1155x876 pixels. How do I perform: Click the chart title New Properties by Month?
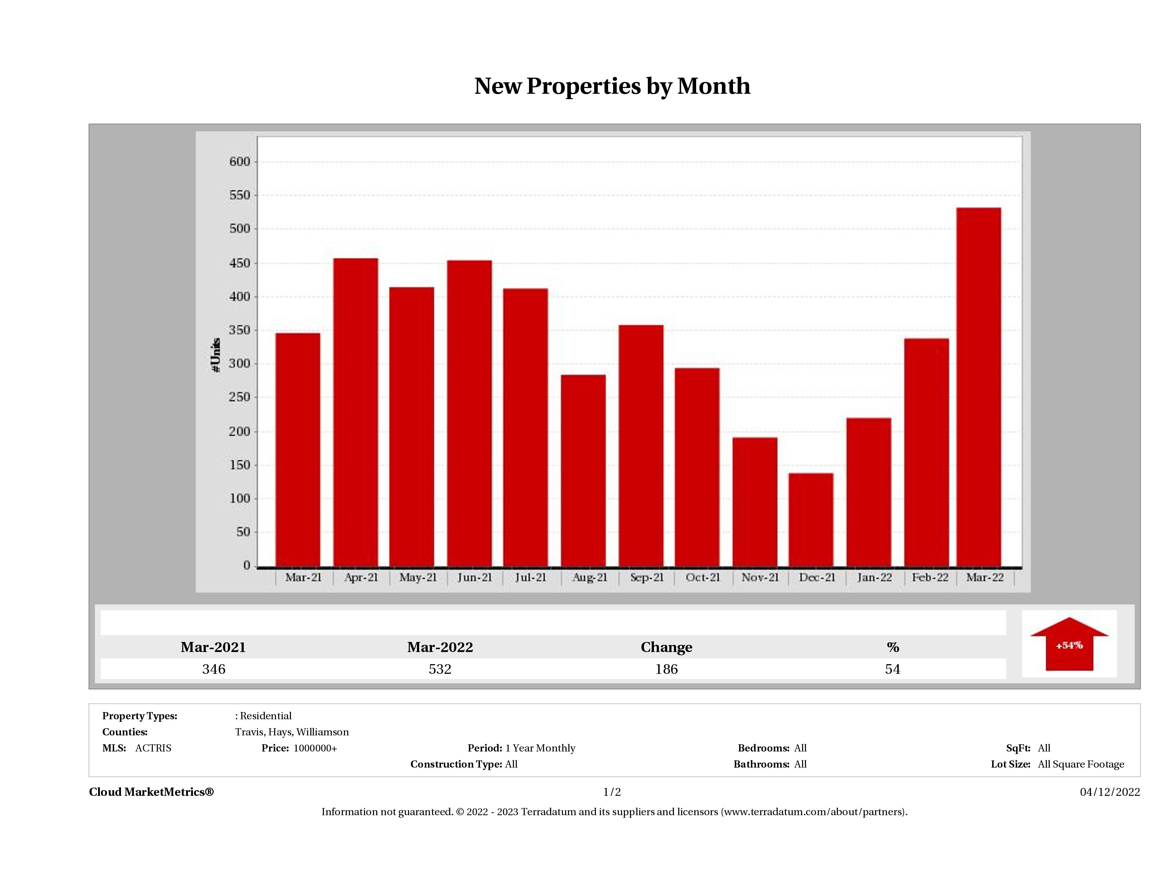pos(612,86)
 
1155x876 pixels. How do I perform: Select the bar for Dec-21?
pos(811,520)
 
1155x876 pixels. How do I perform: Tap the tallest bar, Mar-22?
pos(979,386)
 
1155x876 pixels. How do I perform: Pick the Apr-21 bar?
pos(355,413)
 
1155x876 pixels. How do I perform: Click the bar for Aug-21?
pos(583,470)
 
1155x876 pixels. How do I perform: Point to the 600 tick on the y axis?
pos(240,162)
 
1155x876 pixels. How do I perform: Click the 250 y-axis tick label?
pos(240,397)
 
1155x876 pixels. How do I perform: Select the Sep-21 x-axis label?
pos(646,578)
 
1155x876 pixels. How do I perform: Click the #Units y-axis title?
pos(216,355)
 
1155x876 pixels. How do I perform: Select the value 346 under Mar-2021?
pos(214,669)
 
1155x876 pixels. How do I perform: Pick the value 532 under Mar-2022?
pos(440,669)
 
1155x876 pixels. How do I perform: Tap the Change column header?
pos(666,647)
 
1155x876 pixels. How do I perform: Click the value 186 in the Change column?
pos(666,669)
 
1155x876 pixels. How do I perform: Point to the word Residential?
pos(266,716)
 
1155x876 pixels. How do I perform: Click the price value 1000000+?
pos(315,748)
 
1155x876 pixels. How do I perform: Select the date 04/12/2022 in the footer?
pos(1110,792)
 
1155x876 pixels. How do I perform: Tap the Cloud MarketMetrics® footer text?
pos(151,792)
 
